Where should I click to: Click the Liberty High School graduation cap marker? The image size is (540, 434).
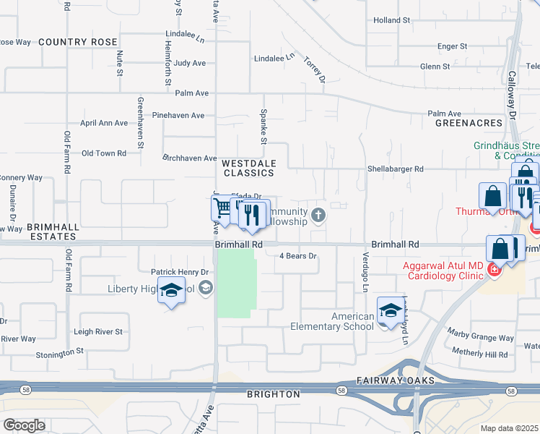pos(171,292)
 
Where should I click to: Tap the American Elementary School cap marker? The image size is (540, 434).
pos(391,311)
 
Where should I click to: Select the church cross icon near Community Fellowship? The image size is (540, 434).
pos(318,215)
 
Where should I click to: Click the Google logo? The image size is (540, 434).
pos(24,425)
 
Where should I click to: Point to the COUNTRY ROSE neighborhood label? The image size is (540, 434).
pos(72,42)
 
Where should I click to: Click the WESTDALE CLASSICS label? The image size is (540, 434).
pos(248,169)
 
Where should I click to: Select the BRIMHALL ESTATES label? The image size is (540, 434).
pos(52,231)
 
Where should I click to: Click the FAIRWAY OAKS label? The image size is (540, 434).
pos(395,380)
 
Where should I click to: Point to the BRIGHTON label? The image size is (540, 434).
pos(273,394)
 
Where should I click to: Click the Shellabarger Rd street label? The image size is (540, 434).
pos(396,169)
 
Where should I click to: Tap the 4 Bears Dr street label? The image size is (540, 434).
pos(298,256)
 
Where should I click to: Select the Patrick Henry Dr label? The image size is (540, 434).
pos(180,272)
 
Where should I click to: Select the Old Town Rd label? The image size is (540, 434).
pos(104,153)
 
